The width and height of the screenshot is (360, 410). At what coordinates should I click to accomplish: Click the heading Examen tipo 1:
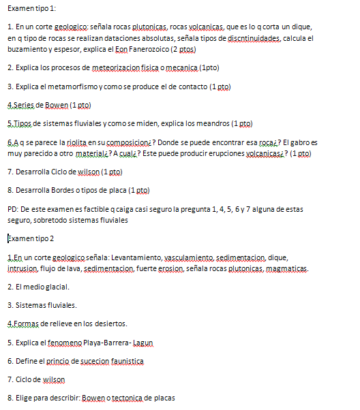click(31, 7)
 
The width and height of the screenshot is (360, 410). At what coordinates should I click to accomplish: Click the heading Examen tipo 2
click(31, 238)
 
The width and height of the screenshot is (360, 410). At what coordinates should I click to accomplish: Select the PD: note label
click(13, 210)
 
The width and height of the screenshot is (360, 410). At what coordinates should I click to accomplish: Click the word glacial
click(57, 287)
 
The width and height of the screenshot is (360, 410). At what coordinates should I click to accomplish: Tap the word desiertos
click(110, 324)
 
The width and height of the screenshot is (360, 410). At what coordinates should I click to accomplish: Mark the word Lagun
click(144, 342)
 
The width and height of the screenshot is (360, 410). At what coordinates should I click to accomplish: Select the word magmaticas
click(285, 268)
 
